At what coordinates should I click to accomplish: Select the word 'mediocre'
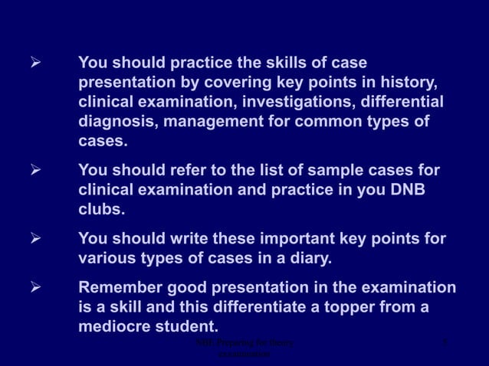115,327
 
